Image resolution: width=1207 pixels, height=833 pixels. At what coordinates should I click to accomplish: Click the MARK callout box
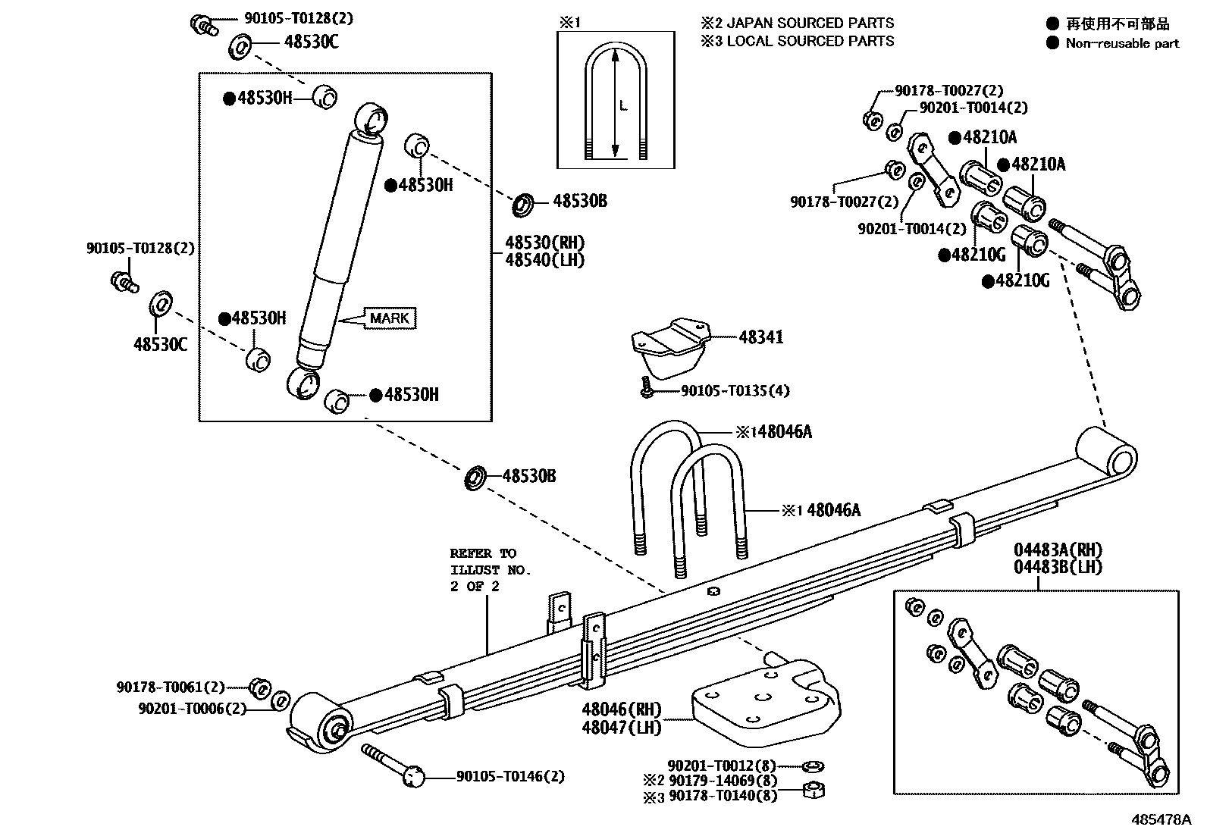coord(390,318)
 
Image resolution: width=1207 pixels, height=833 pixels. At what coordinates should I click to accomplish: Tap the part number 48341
coord(760,337)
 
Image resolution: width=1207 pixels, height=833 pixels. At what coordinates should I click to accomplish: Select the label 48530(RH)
coord(544,243)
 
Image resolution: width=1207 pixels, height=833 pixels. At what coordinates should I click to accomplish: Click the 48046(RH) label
coord(621,709)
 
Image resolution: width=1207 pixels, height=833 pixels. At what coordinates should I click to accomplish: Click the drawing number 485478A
coord(1162,820)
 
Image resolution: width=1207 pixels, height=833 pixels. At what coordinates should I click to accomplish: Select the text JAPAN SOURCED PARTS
coord(810,23)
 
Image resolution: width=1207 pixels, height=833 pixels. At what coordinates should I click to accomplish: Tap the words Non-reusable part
coord(1121,43)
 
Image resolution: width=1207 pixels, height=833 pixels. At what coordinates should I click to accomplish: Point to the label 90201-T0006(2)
coord(193,708)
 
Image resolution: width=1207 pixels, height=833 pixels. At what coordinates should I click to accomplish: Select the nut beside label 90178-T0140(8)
coord(814,791)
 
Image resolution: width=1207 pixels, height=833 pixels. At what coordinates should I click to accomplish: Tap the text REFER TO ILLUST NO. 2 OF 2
coord(490,569)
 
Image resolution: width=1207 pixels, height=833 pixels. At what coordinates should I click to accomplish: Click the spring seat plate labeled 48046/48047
coord(766,701)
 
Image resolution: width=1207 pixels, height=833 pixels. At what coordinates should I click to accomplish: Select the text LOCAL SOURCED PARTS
coord(810,41)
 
